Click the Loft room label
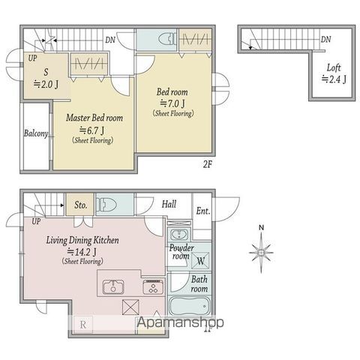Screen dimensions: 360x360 pyautogui.click(x=334, y=67)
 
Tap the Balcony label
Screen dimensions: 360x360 pyautogui.click(x=36, y=133)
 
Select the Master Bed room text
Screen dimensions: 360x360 pyautogui.click(x=94, y=118)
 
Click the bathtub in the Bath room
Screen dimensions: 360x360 pyautogui.click(x=190, y=306)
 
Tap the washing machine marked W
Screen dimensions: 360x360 pyautogui.click(x=201, y=260)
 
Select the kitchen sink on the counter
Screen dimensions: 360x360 pyautogui.click(x=113, y=287)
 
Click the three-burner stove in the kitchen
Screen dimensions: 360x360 pyautogui.click(x=154, y=286)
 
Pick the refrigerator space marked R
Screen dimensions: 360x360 pyautogui.click(x=82, y=325)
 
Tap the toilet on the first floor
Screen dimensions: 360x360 pyautogui.click(x=106, y=205)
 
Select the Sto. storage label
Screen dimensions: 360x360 pyautogui.click(x=80, y=205)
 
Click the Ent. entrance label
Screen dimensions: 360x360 pyautogui.click(x=202, y=211)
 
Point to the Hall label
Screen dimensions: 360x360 pyautogui.click(x=169, y=204)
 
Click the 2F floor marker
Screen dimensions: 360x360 pyautogui.click(x=207, y=164)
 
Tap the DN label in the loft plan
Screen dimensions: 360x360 pyautogui.click(x=326, y=39)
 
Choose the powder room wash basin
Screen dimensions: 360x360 pyautogui.click(x=179, y=235)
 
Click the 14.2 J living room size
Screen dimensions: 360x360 pyautogui.click(x=82, y=251)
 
